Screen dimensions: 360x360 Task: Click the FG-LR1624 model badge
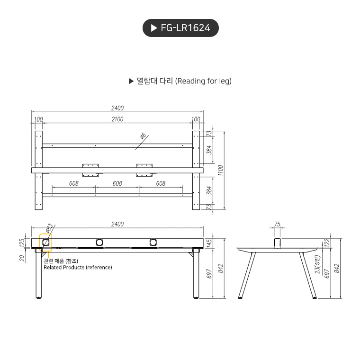[x=180, y=28]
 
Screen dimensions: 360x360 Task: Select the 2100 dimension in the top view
[x=117, y=119]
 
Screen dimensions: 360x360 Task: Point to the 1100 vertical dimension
[x=220, y=169]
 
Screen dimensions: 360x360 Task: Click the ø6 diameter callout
[x=143, y=137]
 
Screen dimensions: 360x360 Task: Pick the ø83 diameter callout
[x=49, y=229]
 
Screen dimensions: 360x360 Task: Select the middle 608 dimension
[x=117, y=183]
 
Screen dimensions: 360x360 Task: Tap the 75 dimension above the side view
[x=278, y=224]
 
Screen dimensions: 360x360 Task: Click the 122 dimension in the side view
[x=327, y=242]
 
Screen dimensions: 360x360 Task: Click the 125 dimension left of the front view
[x=21, y=243]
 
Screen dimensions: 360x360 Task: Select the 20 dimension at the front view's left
[x=21, y=258]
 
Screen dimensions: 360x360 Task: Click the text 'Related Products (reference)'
[x=78, y=267]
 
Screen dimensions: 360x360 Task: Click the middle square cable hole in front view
[x=99, y=243]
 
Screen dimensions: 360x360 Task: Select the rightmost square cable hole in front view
[x=153, y=243]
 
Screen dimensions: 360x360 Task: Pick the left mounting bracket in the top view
[x=90, y=170]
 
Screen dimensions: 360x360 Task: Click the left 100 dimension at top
[x=38, y=119]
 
